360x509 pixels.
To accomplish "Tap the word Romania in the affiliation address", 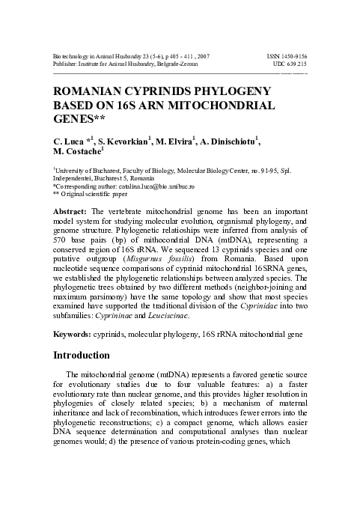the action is [x=143, y=178].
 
